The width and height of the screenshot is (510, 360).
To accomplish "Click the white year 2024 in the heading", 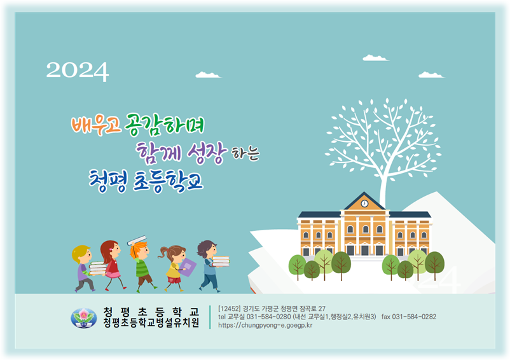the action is click(78, 71).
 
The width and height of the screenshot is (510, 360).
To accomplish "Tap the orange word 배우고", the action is click(96, 125).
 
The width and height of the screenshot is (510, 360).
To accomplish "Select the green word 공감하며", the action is click(164, 125).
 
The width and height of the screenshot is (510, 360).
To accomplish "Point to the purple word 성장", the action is click(207, 153).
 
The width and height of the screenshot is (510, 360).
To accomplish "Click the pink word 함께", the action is click(158, 152).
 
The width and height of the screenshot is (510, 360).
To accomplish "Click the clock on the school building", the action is click(364, 204).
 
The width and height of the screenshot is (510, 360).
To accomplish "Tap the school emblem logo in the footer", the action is click(83, 318).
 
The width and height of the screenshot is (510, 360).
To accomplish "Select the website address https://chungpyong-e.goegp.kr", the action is click(265, 325).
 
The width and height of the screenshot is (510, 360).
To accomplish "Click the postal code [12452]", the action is click(230, 308).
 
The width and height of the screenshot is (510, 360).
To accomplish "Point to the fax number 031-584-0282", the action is click(414, 317).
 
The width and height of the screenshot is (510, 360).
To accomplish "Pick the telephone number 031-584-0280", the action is click(268, 317).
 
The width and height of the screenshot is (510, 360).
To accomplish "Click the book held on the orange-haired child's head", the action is click(137, 240).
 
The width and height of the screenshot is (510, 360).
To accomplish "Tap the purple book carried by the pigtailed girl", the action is click(188, 267).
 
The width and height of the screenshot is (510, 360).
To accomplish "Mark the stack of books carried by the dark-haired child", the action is click(221, 261).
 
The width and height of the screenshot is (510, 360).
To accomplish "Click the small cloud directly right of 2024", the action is click(208, 75).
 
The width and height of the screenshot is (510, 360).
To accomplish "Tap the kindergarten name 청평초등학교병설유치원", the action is click(151, 322).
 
